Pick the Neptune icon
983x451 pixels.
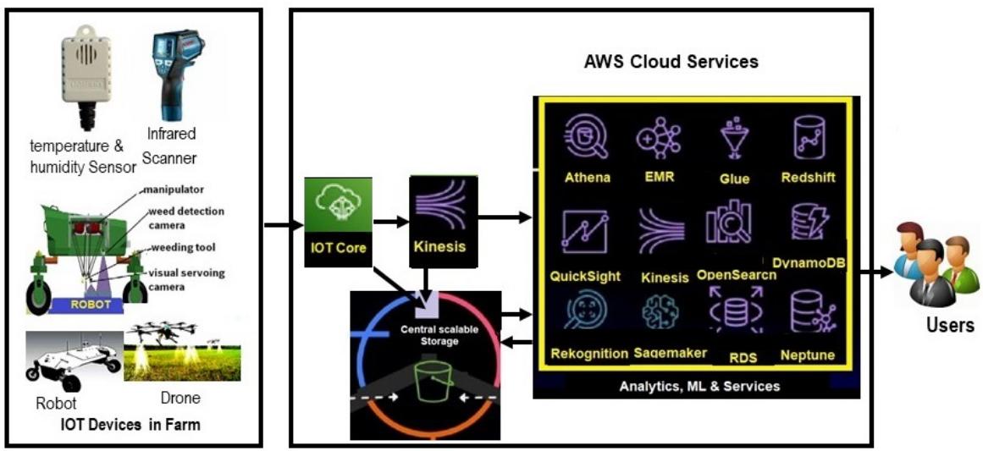coord(807,311)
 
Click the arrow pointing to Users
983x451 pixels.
coord(875,272)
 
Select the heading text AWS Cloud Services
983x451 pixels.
coord(671,62)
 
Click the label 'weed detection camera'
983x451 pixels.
coord(186,217)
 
